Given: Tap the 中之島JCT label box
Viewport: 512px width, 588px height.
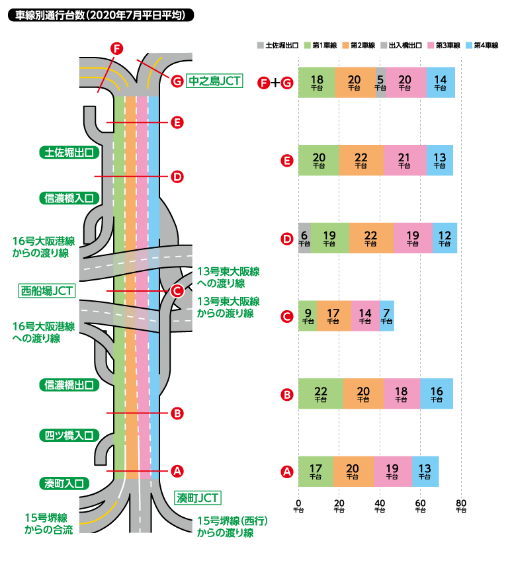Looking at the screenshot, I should [x=214, y=81].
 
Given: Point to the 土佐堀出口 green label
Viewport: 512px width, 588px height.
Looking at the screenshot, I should [x=69, y=153].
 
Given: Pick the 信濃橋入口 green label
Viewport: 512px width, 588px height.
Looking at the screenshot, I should [x=69, y=197].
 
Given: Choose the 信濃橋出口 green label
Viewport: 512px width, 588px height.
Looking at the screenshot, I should [x=69, y=384].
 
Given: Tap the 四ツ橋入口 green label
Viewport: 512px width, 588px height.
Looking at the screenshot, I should [x=69, y=435].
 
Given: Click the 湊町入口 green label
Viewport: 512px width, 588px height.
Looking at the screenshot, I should [x=64, y=483].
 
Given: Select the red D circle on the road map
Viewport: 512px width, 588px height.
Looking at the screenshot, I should [x=177, y=177].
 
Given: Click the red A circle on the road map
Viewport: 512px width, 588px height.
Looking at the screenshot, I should [x=177, y=471].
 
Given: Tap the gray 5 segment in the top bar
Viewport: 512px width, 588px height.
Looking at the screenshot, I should [x=380, y=83].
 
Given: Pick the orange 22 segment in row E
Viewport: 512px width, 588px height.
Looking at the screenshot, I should [x=361, y=161].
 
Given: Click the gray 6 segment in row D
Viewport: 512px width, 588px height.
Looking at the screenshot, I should [x=304, y=239].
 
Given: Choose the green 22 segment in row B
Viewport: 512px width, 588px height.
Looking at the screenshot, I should [x=321, y=395].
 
